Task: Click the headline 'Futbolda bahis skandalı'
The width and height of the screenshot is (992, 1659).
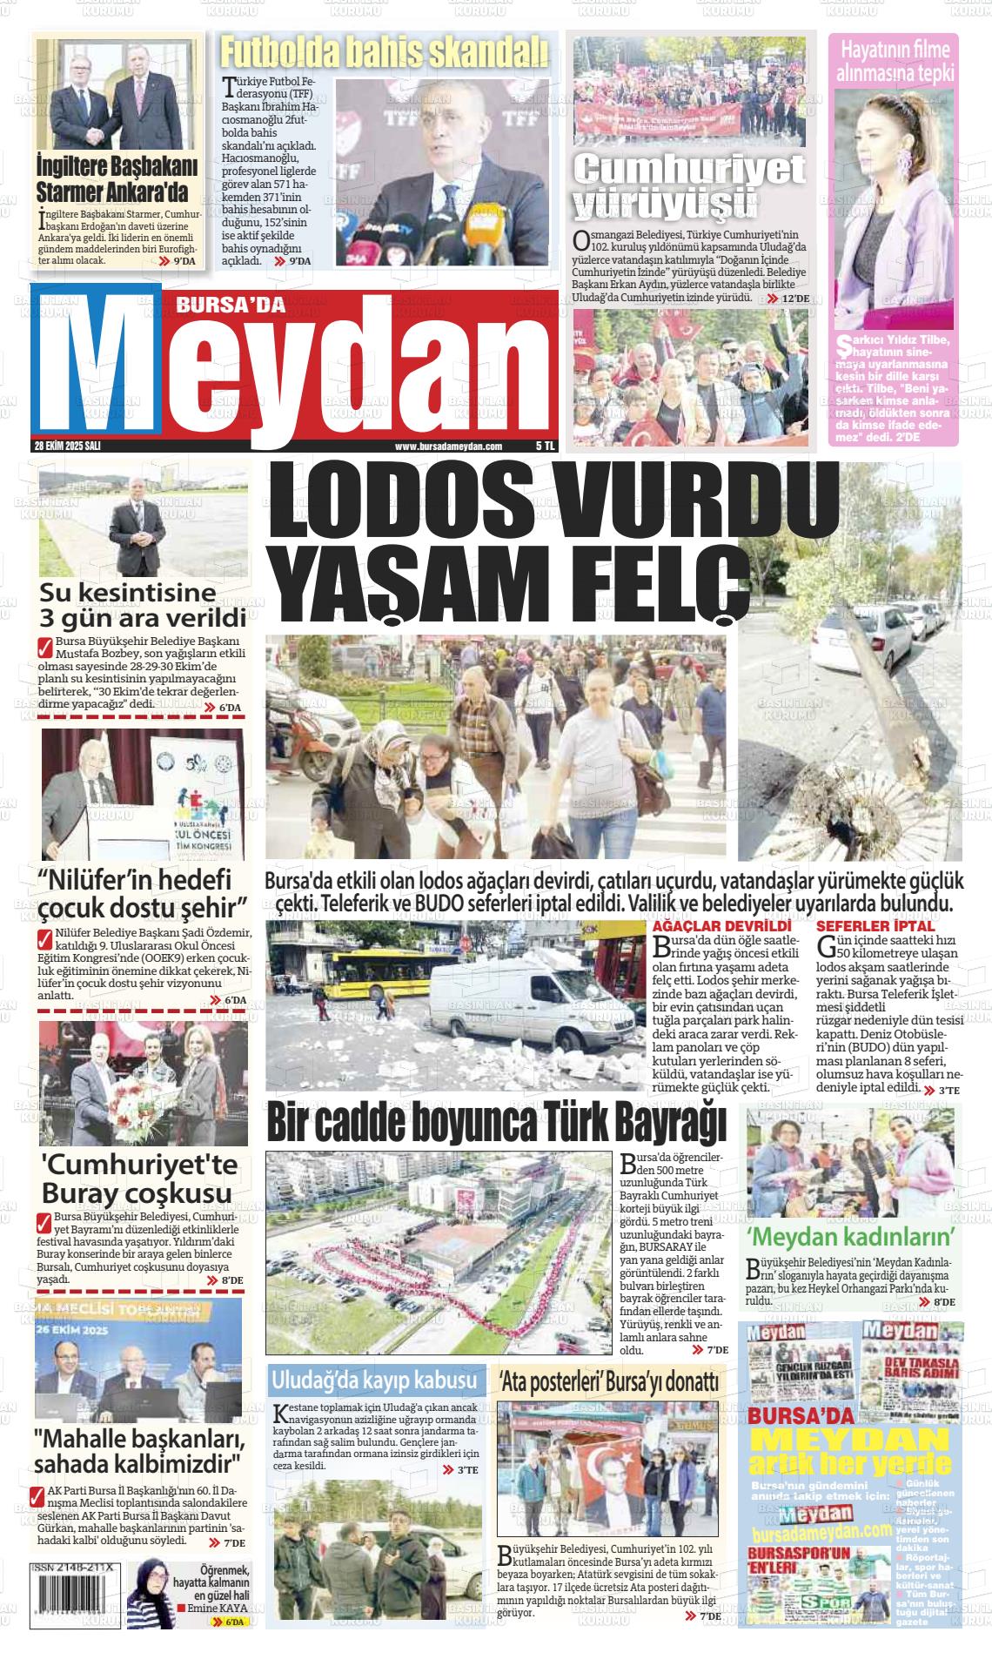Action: coord(384,53)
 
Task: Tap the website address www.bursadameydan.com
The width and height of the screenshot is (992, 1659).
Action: coord(448,446)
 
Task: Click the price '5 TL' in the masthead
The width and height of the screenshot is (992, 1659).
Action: coord(545,446)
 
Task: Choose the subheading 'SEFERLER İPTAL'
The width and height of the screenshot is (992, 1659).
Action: coord(863,926)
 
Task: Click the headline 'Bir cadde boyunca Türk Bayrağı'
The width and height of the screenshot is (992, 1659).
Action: coord(496,1123)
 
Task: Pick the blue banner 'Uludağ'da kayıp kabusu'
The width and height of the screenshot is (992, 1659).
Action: coord(375,1380)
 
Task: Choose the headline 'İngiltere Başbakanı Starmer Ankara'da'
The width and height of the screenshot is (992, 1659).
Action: coord(117,178)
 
